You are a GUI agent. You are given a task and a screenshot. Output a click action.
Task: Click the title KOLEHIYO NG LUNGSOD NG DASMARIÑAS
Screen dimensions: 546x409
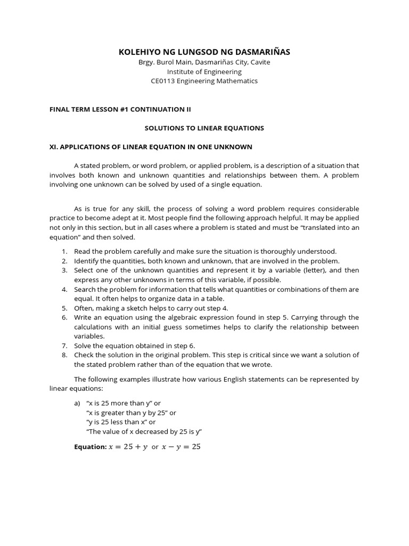tap(204, 51)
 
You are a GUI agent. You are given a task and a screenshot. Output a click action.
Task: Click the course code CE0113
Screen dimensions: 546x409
tap(164, 81)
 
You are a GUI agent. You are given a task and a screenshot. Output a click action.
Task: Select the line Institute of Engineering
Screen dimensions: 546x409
tap(204, 71)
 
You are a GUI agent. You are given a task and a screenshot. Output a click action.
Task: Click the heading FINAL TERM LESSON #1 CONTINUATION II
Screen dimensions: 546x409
tap(120, 109)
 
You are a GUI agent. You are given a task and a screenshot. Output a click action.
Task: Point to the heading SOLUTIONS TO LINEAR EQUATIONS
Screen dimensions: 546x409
tap(204, 128)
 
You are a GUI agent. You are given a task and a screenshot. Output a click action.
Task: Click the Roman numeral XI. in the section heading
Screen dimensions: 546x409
tap(54, 147)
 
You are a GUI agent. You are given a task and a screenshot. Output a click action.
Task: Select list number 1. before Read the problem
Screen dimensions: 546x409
tap(64, 251)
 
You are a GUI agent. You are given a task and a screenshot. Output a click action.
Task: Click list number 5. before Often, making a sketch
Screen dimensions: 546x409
tap(64, 308)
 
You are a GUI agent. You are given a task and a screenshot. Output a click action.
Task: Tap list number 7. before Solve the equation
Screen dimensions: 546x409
tap(64, 346)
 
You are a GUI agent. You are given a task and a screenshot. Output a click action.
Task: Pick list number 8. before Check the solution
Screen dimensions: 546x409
tap(64, 355)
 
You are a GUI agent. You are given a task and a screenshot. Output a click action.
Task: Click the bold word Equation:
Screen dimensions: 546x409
tap(90, 447)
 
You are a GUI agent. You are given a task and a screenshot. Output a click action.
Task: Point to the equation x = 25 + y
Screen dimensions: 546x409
tap(128, 447)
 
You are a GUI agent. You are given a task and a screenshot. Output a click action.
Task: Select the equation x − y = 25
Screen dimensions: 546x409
tap(182, 447)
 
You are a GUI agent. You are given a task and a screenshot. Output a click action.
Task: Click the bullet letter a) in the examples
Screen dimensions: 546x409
tap(78, 403)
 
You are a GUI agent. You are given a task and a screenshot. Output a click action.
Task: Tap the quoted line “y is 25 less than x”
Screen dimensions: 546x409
tap(121, 422)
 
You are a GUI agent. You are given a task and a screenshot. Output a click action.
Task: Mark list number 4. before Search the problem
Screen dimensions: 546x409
tap(64, 289)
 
